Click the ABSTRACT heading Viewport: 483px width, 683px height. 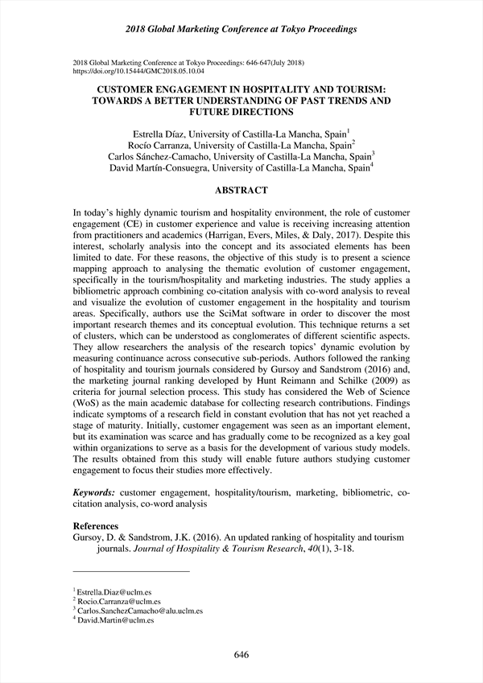coord(241,191)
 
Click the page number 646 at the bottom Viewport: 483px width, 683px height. coord(242,654)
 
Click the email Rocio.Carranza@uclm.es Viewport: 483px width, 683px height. coord(118,601)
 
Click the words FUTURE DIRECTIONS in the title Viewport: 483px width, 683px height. coord(241,113)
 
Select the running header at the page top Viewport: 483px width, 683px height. coord(242,29)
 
